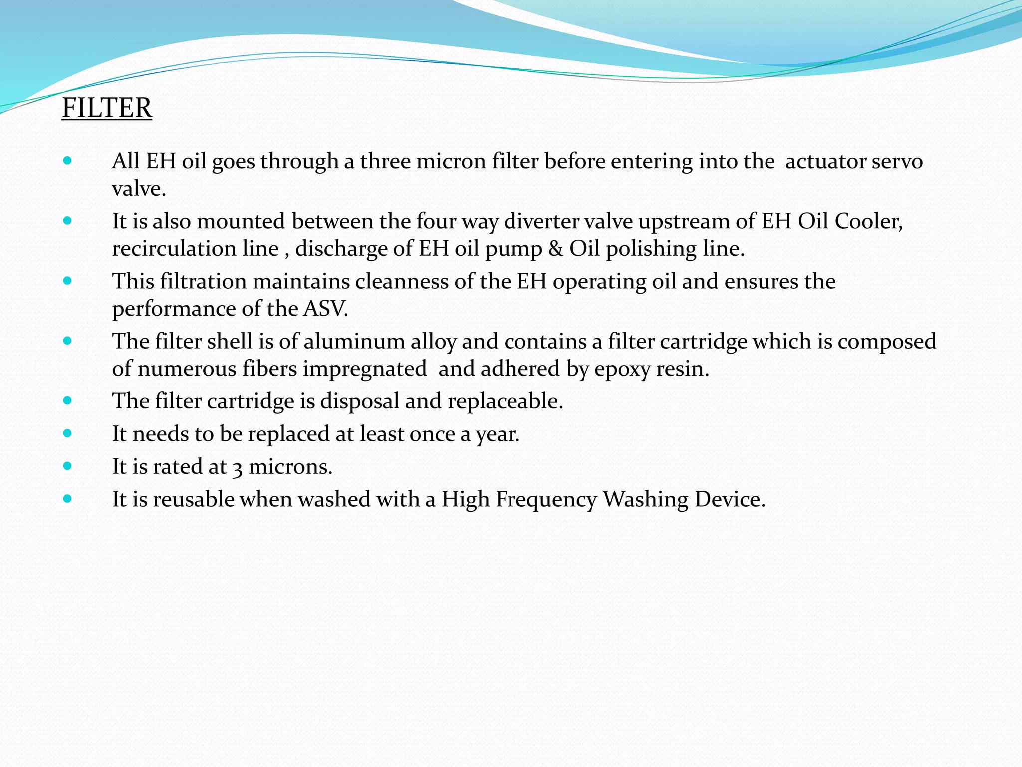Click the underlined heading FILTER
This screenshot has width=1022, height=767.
point(107,108)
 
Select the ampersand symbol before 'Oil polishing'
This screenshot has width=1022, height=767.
point(556,249)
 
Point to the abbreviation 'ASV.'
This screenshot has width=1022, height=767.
point(325,309)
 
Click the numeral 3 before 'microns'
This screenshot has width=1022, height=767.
point(238,467)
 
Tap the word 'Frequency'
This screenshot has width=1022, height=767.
point(546,499)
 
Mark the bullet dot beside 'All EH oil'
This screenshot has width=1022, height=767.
point(68,161)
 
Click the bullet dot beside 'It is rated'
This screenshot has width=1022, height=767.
point(68,466)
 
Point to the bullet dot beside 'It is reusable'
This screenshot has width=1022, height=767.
point(68,499)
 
